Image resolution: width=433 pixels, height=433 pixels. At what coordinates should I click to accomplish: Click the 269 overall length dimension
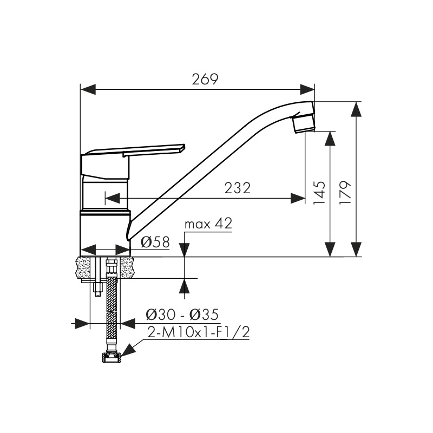(x=205, y=79)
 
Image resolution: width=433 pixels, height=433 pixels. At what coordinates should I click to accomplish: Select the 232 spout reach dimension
(x=237, y=188)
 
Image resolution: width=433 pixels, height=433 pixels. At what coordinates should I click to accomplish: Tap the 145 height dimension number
(x=319, y=193)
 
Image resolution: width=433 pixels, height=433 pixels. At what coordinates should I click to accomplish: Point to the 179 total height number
(x=345, y=193)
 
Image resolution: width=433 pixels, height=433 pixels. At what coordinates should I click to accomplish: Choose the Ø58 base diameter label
(x=155, y=242)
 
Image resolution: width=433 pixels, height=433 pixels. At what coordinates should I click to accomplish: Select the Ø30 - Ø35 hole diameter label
(x=182, y=314)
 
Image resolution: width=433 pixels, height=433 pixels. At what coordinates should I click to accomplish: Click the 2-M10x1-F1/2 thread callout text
(x=199, y=332)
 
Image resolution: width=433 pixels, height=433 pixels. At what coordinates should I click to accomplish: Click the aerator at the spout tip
(x=304, y=124)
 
